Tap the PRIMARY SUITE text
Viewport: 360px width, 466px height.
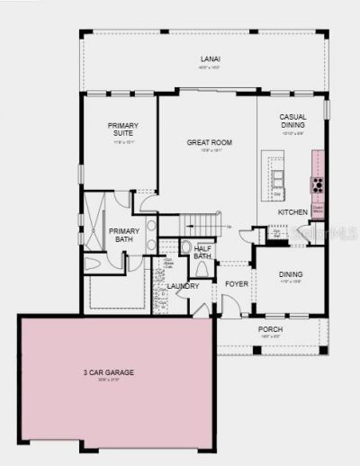(x=123, y=130)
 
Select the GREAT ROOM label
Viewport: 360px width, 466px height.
(x=210, y=142)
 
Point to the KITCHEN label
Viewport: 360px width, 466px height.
(x=292, y=212)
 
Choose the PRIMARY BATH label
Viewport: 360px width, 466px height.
(x=124, y=236)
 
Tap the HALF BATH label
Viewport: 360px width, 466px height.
(x=202, y=252)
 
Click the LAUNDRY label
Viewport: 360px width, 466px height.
(x=183, y=286)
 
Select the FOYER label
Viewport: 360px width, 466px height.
(x=236, y=283)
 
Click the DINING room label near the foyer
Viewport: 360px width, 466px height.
(x=290, y=274)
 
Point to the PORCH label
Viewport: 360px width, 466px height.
(x=270, y=329)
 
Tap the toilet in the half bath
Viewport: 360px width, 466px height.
(x=186, y=247)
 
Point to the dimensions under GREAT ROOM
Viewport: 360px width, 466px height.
(x=210, y=150)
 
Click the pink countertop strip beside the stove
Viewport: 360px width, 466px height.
(x=318, y=165)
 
